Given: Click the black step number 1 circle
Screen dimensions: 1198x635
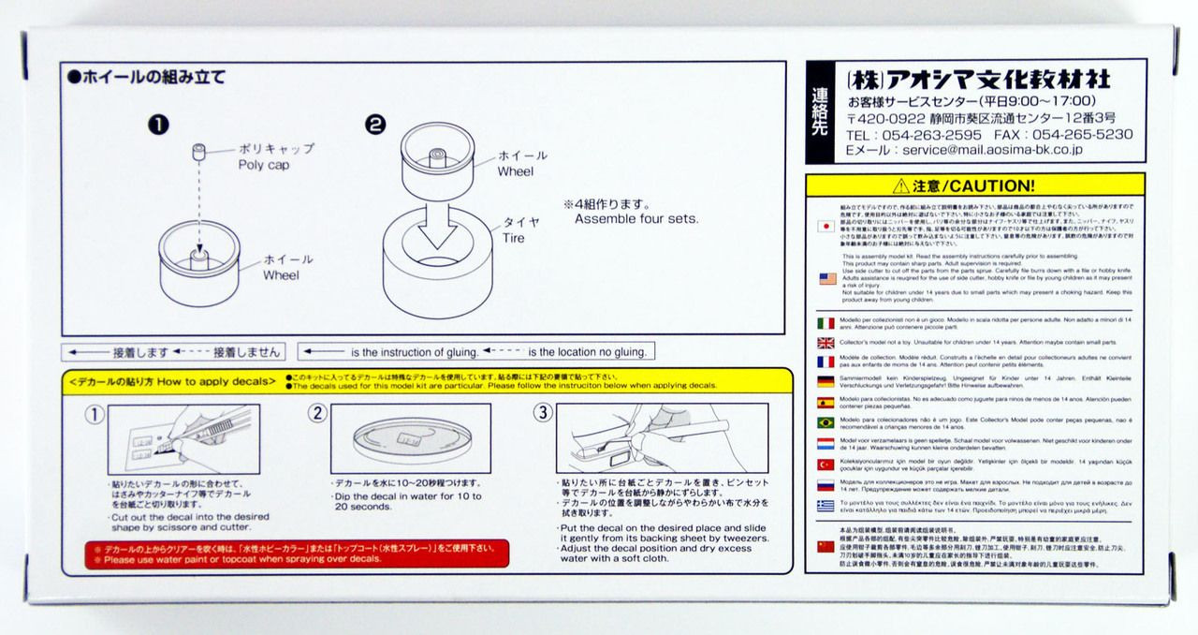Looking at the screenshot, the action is [x=160, y=124].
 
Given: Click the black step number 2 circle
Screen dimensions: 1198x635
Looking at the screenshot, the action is [x=375, y=124].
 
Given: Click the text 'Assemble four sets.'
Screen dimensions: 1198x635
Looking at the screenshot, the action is [x=636, y=219].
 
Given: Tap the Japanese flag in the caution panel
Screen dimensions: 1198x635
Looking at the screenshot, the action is [x=825, y=226].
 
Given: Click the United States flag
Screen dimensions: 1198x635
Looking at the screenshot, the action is [x=826, y=278].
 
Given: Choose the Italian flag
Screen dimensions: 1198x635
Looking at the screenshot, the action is [x=825, y=323].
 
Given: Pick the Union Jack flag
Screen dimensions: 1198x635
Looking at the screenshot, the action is [x=825, y=343].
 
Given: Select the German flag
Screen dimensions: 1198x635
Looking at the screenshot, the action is [x=825, y=381].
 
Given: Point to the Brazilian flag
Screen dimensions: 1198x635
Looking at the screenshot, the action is [x=825, y=422].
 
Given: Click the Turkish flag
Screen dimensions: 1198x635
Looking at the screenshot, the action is [x=825, y=464].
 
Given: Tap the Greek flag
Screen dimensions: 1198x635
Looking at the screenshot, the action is [x=825, y=505].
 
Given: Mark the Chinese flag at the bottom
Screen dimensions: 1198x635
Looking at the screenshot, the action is [x=825, y=546].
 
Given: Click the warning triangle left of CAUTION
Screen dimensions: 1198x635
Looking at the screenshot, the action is [x=901, y=185].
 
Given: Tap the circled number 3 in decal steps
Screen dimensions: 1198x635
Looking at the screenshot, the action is [x=543, y=413].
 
